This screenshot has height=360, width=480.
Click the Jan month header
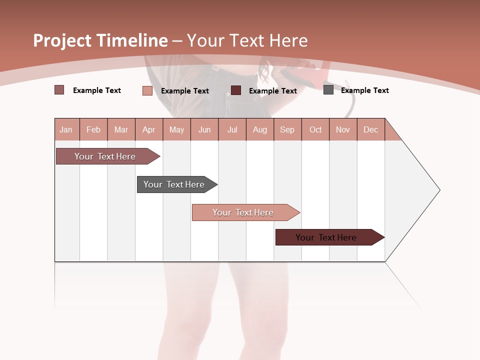point(66,129)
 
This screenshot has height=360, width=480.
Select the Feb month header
point(93,129)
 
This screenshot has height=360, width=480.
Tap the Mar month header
point(121,129)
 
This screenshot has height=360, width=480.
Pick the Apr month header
point(149,129)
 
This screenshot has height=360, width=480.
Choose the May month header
point(176,129)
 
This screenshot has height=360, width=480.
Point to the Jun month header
point(204,129)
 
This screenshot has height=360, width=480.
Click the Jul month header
point(232,129)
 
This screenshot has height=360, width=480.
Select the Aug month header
point(260,129)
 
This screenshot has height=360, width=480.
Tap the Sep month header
point(287,129)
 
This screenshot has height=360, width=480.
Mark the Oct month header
point(315,129)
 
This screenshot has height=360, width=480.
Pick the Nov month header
point(343,129)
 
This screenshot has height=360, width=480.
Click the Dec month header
point(371,129)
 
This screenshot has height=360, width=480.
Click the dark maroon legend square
point(236,90)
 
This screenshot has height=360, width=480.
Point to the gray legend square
point(328,90)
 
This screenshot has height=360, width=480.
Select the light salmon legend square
point(147,90)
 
